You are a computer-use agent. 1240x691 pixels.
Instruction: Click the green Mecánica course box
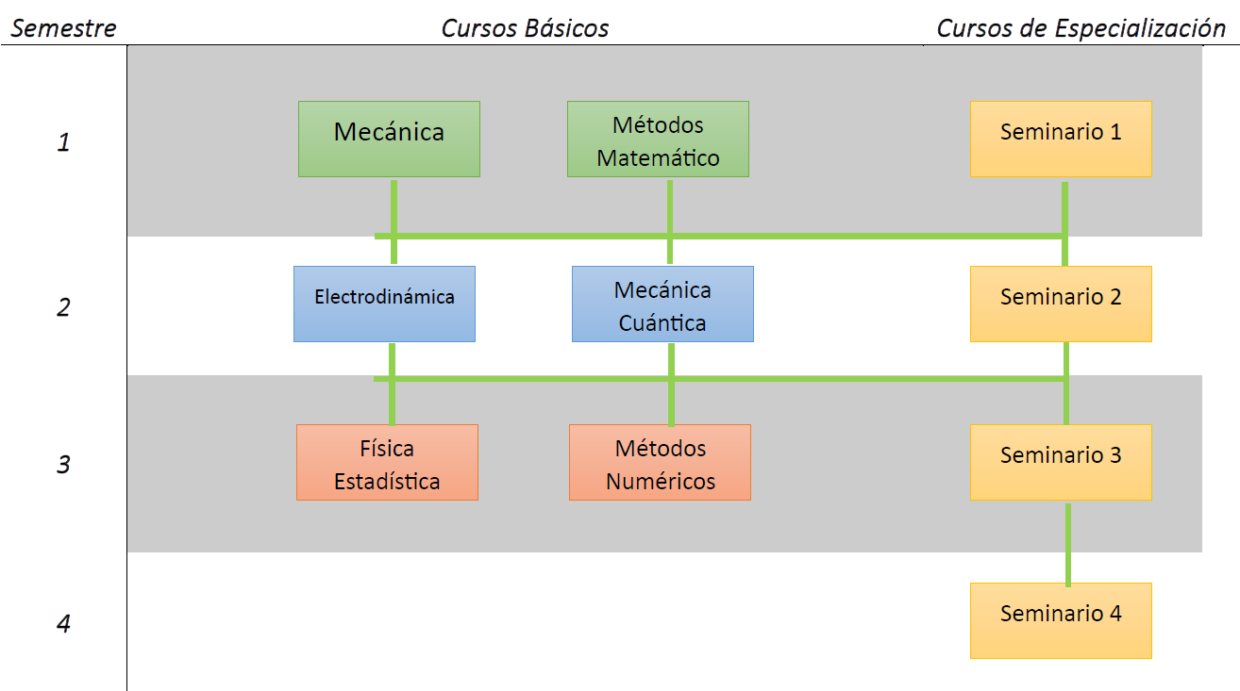tap(389, 139)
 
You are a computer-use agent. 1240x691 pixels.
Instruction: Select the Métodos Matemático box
tap(658, 139)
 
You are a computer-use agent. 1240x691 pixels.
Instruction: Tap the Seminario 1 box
tap(1061, 139)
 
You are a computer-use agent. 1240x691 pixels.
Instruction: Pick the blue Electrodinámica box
tap(384, 304)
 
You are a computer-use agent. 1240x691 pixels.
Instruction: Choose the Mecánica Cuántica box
tap(662, 304)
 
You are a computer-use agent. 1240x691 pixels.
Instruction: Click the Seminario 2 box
tap(1061, 304)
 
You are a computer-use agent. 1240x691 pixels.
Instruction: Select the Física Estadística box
tap(387, 462)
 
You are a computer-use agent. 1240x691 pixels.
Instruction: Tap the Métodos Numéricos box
tap(660, 462)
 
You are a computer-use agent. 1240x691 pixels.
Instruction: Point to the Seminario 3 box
tap(1061, 462)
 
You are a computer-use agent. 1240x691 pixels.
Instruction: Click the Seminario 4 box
tap(1061, 620)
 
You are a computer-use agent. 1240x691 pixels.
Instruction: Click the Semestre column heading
tap(63, 28)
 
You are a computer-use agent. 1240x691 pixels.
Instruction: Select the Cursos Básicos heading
tap(525, 28)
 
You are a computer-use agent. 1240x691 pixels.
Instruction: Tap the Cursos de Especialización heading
tap(1081, 28)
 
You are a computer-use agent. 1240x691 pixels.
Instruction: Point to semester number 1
tap(63, 143)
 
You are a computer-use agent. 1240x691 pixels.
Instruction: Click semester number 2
tap(63, 307)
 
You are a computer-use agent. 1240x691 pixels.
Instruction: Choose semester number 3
tap(63, 465)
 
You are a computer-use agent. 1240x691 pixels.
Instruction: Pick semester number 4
tap(63, 624)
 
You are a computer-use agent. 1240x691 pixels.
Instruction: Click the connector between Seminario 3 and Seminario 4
tap(1067, 544)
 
